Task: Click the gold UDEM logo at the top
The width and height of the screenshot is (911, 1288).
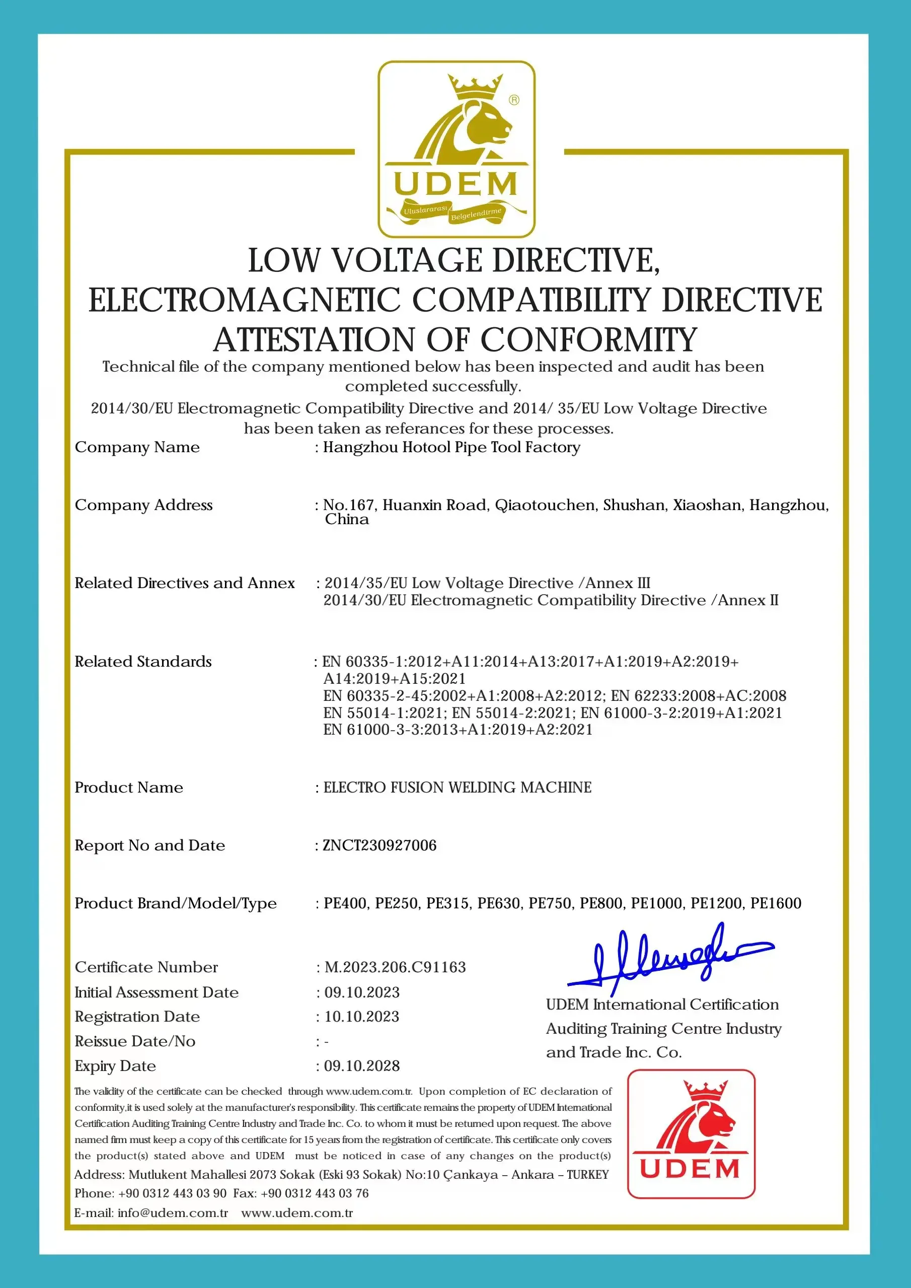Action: pyautogui.click(x=456, y=149)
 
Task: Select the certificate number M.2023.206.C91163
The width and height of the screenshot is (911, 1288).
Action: pyautogui.click(x=396, y=967)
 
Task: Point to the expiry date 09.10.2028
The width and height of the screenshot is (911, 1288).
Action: pyautogui.click(x=362, y=1066)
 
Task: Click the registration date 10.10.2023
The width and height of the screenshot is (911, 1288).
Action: pyautogui.click(x=362, y=1017)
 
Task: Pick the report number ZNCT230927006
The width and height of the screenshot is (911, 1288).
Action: pyautogui.click(x=380, y=845)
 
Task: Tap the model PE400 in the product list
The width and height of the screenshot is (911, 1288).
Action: pyautogui.click(x=346, y=903)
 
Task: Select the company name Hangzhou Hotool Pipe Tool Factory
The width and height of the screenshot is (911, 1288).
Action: pyautogui.click(x=451, y=447)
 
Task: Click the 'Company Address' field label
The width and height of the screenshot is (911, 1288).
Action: pyautogui.click(x=143, y=505)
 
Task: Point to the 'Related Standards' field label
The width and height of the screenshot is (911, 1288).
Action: pyautogui.click(x=143, y=662)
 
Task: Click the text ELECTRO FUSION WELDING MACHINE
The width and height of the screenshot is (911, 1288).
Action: pyautogui.click(x=457, y=788)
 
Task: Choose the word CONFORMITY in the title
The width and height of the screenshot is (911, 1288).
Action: pyautogui.click(x=588, y=339)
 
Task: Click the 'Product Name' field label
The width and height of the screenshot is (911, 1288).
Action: pyautogui.click(x=129, y=788)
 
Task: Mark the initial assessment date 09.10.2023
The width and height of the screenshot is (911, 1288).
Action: pyautogui.click(x=362, y=992)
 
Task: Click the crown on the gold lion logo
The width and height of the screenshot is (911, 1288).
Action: pyautogui.click(x=475, y=86)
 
